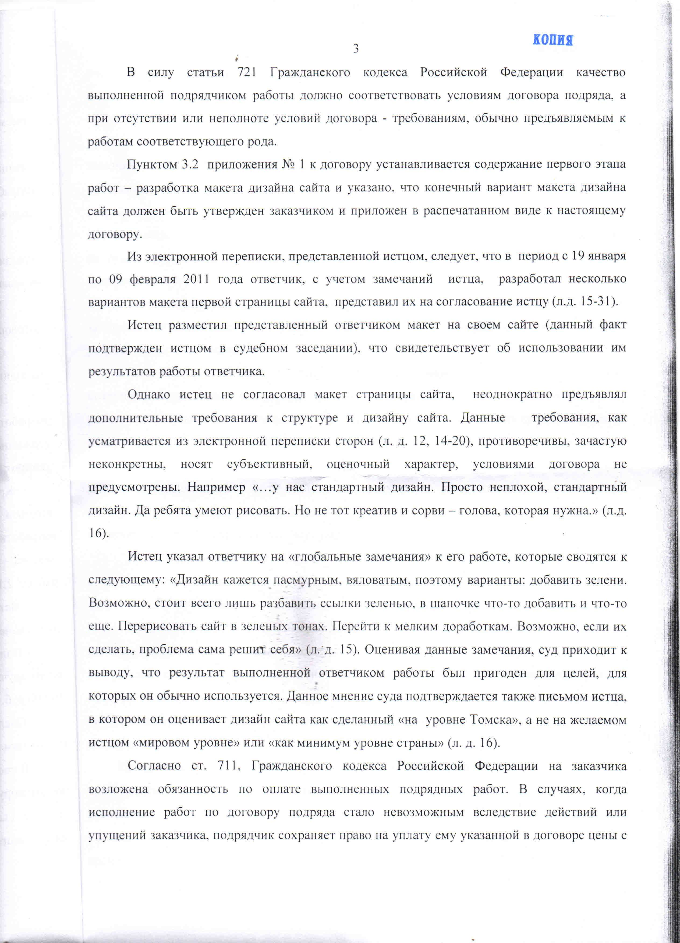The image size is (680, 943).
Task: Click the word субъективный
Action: [x=269, y=464]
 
